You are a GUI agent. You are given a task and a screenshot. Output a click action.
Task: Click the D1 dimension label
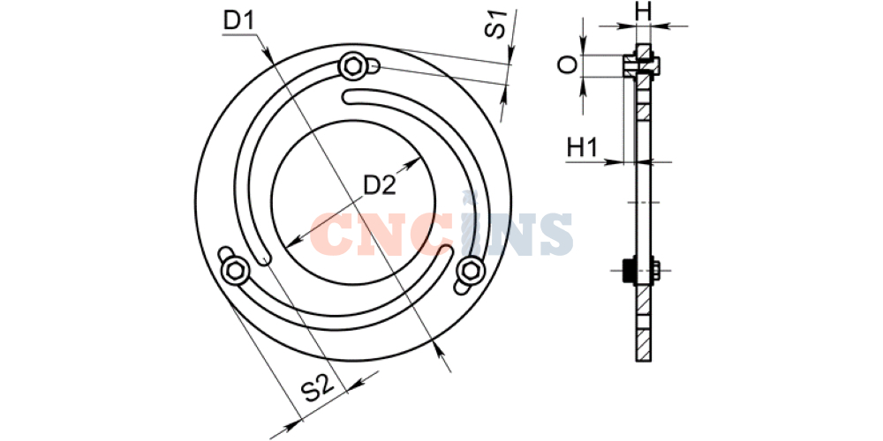click(238, 21)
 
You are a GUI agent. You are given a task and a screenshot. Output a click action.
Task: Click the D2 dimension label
click(380, 185)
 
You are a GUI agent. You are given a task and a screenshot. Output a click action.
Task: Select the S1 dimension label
click(495, 24)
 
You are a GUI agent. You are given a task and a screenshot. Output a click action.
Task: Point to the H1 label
click(582, 148)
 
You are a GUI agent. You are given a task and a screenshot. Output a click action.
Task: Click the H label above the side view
click(643, 11)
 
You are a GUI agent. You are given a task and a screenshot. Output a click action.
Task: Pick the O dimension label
click(568, 65)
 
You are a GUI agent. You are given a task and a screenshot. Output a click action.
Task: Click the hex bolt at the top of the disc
click(353, 66)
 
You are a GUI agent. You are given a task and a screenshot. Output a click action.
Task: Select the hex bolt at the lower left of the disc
click(235, 271)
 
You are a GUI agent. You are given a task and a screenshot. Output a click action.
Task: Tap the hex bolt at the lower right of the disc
click(471, 271)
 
